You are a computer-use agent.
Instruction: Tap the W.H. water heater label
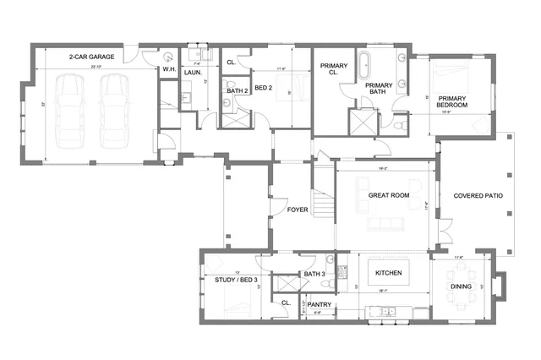click(x=168, y=70)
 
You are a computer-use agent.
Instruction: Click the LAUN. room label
click(x=193, y=73)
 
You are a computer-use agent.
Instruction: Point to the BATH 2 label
click(x=236, y=90)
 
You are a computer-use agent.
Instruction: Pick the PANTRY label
click(x=319, y=304)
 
